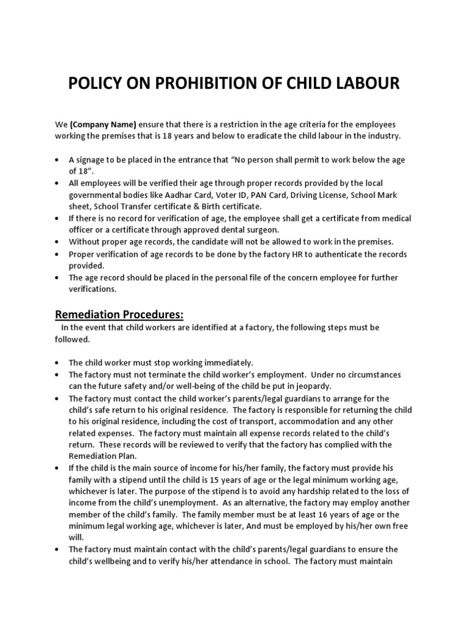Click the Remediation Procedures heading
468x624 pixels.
(x=119, y=314)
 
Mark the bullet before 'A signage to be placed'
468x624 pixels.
(x=57, y=160)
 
